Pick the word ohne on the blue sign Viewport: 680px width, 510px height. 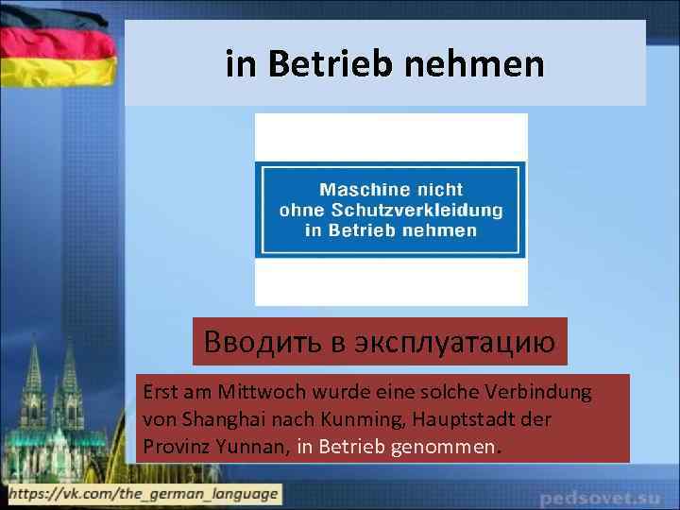(x=300, y=210)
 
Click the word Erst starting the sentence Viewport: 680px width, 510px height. (x=157, y=390)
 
